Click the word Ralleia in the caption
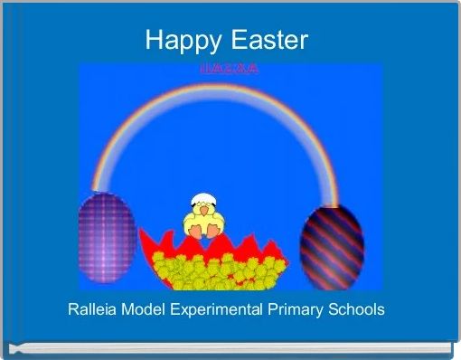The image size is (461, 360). tap(94, 309)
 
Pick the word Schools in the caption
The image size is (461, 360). tap(355, 309)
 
